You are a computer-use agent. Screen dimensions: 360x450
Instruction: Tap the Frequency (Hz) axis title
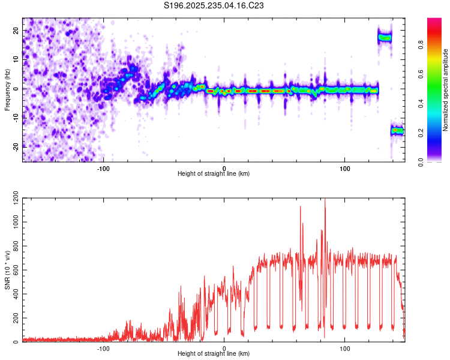7,89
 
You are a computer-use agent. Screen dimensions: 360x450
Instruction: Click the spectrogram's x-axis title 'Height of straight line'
214,174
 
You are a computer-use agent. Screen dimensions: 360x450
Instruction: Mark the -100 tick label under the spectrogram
103,168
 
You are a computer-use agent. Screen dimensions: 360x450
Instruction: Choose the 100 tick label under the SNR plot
345,348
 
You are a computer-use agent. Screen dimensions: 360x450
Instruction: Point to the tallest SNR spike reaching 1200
325,201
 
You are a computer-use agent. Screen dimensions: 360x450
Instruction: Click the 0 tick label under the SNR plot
224,348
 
